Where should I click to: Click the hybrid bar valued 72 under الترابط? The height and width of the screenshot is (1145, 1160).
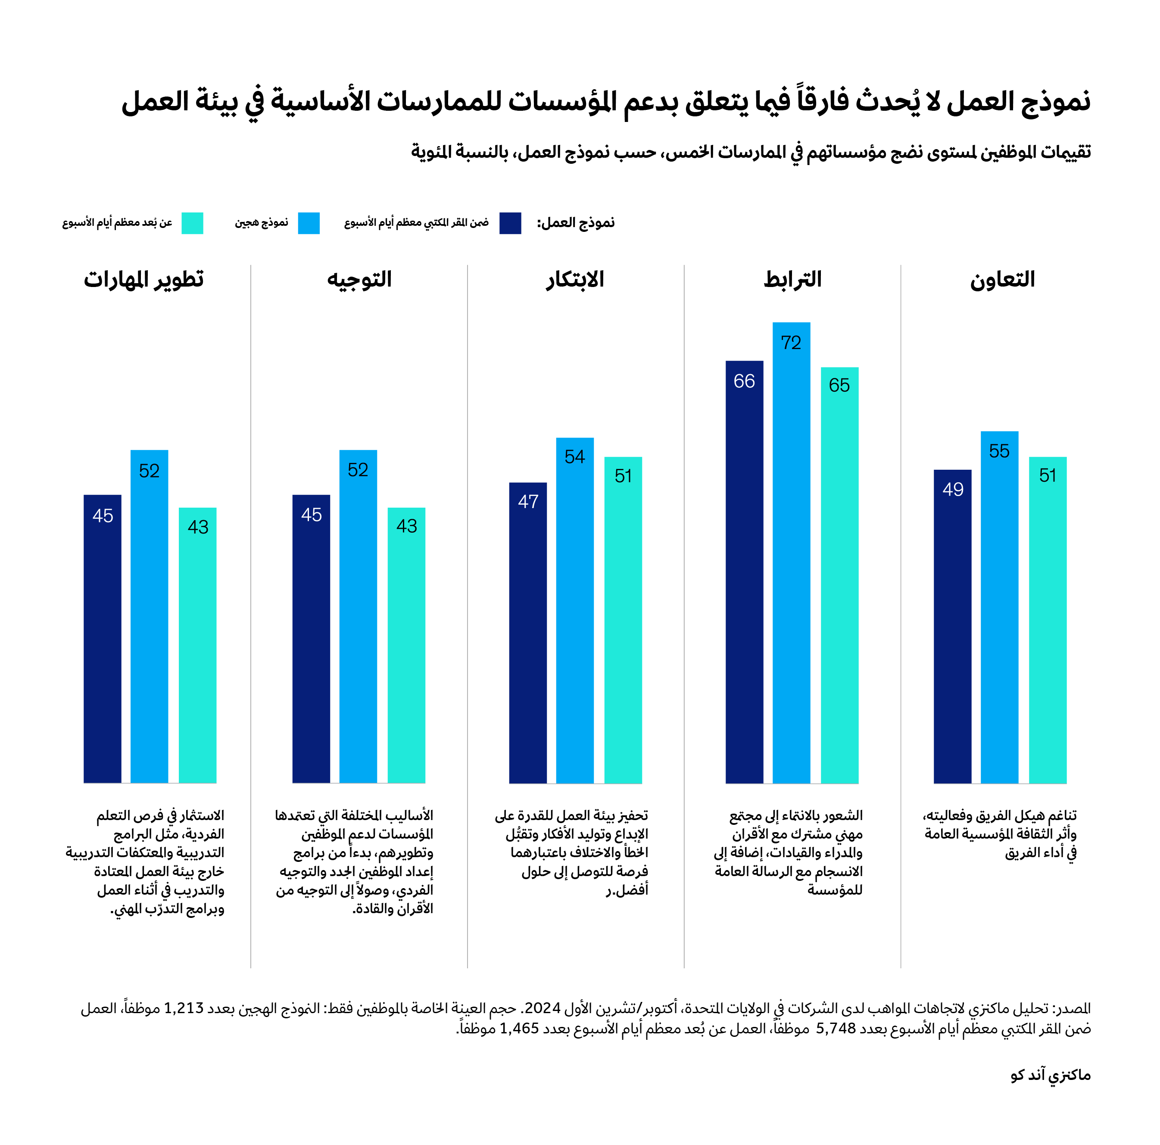tap(791, 552)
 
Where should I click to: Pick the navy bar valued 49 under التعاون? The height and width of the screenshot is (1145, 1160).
tap(952, 626)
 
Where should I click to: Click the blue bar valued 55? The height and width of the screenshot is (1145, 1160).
tap(999, 606)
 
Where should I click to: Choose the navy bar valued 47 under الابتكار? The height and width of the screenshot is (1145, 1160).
tap(528, 632)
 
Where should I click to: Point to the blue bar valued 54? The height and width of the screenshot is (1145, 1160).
tap(574, 610)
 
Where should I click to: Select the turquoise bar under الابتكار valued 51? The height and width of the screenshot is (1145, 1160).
tap(623, 620)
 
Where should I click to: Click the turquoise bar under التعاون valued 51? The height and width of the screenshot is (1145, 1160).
tap(1047, 620)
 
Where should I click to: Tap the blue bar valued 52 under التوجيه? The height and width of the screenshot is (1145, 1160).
tap(358, 616)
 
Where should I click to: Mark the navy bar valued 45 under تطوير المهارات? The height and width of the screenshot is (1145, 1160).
tap(103, 638)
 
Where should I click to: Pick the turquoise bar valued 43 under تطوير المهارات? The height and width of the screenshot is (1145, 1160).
tap(197, 645)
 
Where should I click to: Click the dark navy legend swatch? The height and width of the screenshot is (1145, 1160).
tap(510, 223)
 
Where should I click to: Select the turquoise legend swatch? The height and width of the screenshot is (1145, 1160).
tap(192, 223)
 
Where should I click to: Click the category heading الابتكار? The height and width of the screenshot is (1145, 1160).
tap(574, 280)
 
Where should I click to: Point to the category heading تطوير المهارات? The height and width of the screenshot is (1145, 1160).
tap(144, 280)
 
